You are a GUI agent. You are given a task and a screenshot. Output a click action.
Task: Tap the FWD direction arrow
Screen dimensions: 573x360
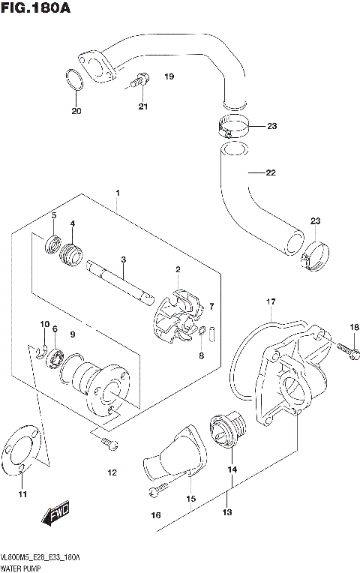coord(57,514)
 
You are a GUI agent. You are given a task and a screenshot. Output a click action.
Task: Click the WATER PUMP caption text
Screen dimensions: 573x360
coord(22,568)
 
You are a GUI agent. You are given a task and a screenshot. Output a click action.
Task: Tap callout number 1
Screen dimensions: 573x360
coord(117,193)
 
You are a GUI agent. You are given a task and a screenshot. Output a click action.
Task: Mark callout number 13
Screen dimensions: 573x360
coord(226,513)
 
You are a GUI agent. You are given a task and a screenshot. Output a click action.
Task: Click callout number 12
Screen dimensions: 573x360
coord(112,472)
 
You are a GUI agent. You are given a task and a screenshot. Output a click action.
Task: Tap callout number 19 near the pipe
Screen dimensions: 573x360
coord(169,76)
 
